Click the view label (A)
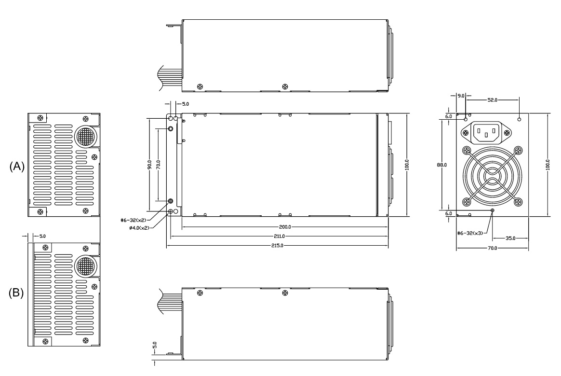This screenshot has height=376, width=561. click(x=17, y=167)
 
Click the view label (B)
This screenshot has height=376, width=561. click(x=16, y=293)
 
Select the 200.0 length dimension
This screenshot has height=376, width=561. click(x=285, y=227)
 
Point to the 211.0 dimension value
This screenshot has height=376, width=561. click(x=280, y=236)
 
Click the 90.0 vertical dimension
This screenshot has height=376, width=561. click(x=149, y=165)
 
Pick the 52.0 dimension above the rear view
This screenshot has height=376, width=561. click(x=492, y=100)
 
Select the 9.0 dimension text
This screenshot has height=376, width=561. click(x=461, y=96)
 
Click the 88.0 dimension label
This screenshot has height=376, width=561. click(x=442, y=165)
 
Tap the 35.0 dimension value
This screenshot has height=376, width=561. click(x=510, y=238)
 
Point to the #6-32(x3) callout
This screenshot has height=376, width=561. click(x=470, y=233)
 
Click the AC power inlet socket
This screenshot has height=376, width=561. click(x=486, y=132)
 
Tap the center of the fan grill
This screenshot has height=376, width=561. click(x=492, y=176)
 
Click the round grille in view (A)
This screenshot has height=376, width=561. click(x=86, y=136)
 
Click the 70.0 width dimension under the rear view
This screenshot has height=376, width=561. click(x=492, y=248)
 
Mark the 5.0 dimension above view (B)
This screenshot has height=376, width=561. click(x=42, y=236)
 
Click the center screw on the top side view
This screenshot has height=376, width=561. click(x=285, y=86)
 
